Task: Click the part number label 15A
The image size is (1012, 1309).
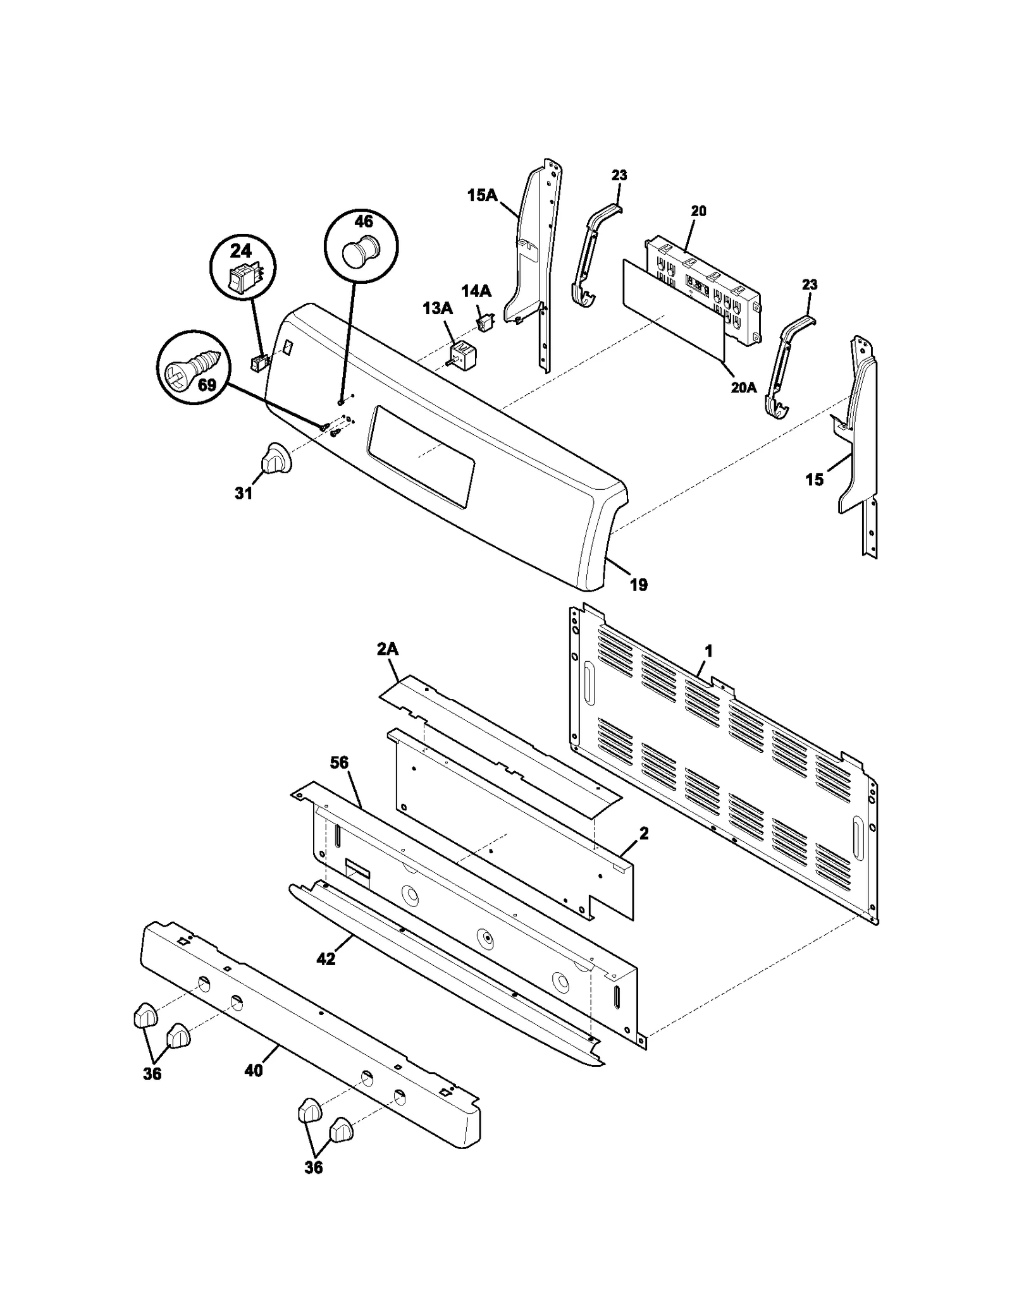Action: coord(482,195)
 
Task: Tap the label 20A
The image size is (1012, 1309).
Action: coord(743,387)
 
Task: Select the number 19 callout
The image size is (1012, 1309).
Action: coord(639,585)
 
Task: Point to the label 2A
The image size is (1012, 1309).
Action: coord(387,649)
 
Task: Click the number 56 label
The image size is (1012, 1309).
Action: coord(339,763)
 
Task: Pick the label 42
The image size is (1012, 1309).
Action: coord(326,959)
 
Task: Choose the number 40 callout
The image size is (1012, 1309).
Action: coord(254,1070)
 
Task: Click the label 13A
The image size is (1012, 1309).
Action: coord(438,308)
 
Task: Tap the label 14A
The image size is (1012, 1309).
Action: coord(476,291)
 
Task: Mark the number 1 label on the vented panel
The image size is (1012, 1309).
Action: coord(708,650)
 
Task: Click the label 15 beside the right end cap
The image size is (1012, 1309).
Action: coord(814,480)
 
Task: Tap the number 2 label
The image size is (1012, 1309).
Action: coord(644,834)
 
